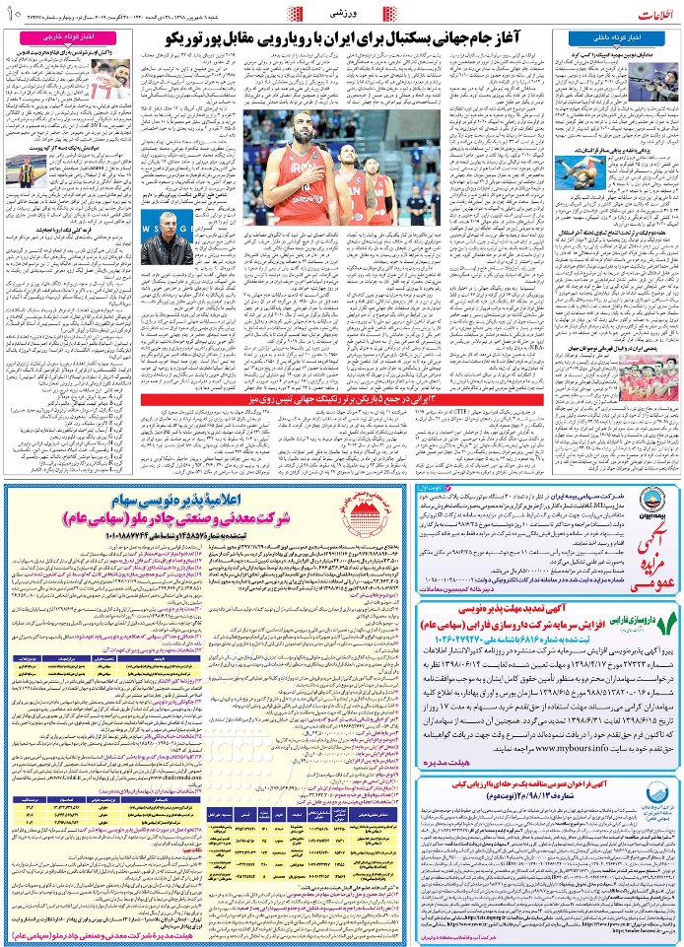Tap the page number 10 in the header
[x=12, y=13]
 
